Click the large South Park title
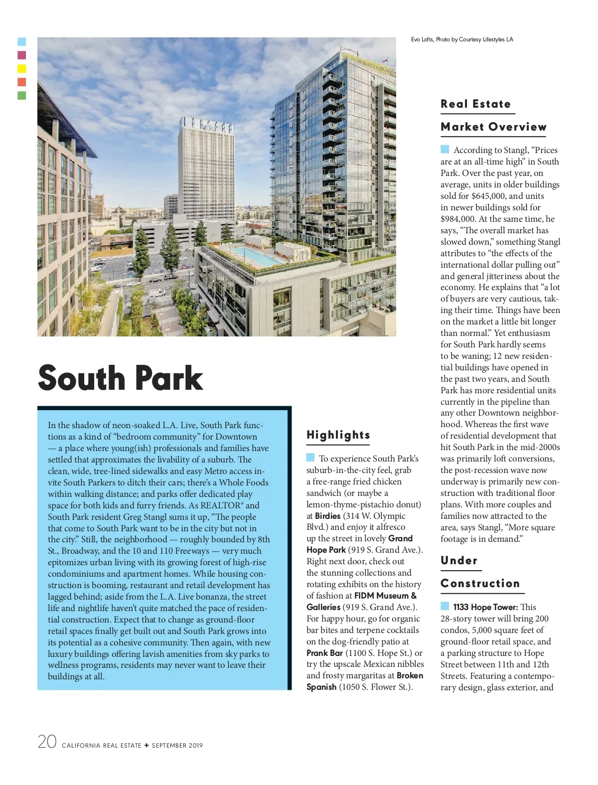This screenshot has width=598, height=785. coord(121,378)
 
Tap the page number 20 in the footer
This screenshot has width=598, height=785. coord(47,742)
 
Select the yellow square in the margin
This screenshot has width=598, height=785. coord(22,69)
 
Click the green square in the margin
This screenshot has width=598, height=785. coord(22,95)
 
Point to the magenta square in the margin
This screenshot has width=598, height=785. coord(22,55)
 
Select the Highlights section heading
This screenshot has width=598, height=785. coord(338,435)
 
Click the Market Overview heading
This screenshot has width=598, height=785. coord(493,127)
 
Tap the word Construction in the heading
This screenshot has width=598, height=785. coord(480,584)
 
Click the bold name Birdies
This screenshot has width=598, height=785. coord(327,516)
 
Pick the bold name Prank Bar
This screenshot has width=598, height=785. coord(324,653)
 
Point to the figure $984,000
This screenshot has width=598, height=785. coord(457,219)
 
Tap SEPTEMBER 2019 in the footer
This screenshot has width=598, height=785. coord(177,746)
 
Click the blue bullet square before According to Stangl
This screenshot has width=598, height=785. coord(445,149)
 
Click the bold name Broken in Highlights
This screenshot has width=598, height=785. coord(410,675)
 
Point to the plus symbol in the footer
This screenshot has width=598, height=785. coord(147,746)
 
